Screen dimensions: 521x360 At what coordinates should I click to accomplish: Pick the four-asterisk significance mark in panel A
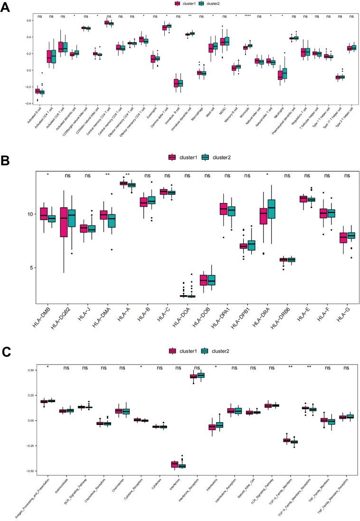point(247,16)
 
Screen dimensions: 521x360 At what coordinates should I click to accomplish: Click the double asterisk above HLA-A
point(128,175)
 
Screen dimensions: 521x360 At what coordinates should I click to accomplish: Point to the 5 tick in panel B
point(30,268)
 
